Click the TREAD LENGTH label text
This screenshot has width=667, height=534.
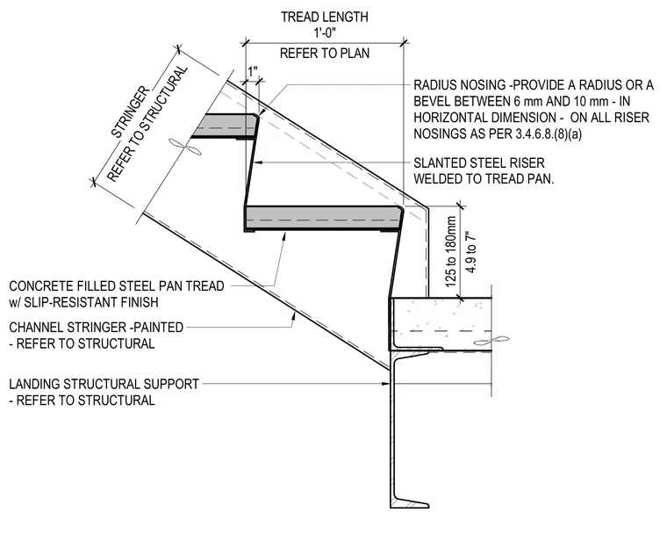point(324,17)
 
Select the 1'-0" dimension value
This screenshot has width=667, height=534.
point(325,32)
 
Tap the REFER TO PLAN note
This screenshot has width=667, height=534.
point(325,54)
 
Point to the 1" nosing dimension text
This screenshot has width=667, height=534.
point(253,71)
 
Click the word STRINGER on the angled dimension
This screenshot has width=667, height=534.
point(130,112)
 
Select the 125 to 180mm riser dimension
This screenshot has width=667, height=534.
point(450,251)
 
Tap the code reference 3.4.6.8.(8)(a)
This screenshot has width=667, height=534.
point(549,133)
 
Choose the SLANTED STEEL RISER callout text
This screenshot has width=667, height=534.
point(479,162)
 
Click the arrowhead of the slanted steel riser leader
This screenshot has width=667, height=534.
point(256,162)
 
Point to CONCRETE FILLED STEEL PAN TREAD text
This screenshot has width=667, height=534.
point(117,285)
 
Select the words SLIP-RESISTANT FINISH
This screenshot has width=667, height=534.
point(91,302)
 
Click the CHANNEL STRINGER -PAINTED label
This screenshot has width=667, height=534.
point(97,327)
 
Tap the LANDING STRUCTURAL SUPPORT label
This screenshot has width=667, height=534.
point(104,384)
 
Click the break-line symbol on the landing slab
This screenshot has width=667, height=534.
point(491,341)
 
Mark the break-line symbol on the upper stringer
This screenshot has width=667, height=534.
point(185,147)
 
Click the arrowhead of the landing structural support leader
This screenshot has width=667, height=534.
point(386,384)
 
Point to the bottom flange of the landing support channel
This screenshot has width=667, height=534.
point(409,502)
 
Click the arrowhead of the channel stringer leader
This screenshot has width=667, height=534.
point(294,315)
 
